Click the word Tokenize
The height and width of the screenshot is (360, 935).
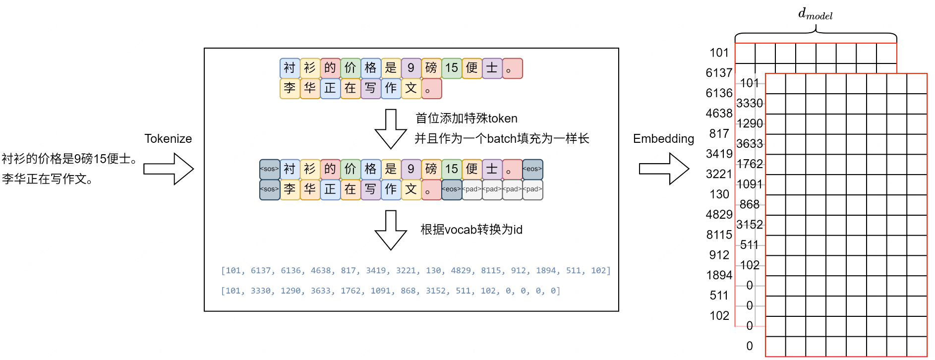168,139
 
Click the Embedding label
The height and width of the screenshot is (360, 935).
663,139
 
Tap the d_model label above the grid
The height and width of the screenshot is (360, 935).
815,14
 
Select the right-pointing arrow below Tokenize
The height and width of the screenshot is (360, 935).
169,169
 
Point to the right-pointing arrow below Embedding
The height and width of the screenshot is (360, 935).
664,169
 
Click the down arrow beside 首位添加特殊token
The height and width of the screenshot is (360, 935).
391,129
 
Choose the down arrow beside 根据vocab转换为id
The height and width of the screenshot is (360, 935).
391,230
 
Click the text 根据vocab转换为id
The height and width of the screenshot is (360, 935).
471,230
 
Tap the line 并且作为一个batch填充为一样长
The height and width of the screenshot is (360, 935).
502,138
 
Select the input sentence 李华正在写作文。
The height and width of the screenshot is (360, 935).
48,179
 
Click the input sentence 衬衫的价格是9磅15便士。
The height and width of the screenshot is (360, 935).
69,159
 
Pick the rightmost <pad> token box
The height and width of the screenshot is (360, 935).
532,189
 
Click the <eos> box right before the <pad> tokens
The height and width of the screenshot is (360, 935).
451,189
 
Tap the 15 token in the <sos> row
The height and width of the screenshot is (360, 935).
451,169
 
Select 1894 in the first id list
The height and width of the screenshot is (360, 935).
546,271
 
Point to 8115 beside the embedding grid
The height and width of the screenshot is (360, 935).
719,235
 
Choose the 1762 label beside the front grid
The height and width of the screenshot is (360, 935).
749,164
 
